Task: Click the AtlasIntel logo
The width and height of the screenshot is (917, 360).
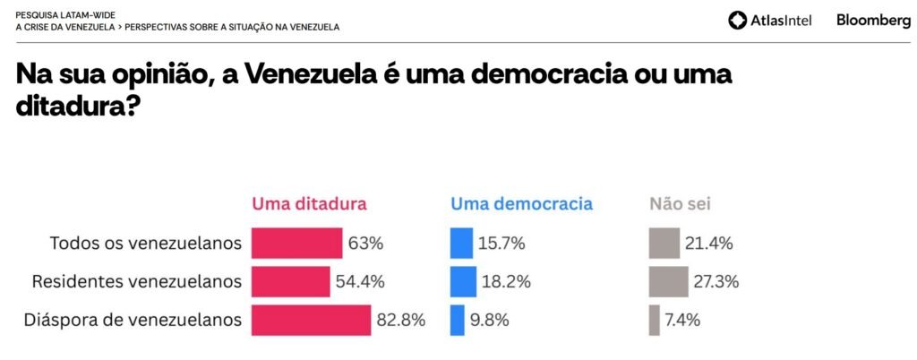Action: click(x=770, y=21)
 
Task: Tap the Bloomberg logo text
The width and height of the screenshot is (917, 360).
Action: click(x=873, y=20)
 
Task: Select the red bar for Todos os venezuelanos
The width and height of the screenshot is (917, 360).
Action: click(x=297, y=243)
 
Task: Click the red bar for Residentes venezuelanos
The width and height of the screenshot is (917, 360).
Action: click(x=291, y=281)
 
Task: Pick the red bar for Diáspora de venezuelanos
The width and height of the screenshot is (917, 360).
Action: click(x=311, y=320)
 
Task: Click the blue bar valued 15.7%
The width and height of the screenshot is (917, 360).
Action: click(x=461, y=243)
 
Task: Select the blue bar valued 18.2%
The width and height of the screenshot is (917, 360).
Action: click(x=463, y=281)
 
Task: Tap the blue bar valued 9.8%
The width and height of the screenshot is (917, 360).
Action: click(x=458, y=320)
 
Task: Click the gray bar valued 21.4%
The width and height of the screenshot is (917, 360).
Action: click(x=664, y=243)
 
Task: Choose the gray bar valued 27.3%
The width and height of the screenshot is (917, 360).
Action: click(x=669, y=281)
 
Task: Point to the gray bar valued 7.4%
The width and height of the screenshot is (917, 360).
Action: click(x=655, y=320)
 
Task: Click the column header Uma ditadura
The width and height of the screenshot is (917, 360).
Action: click(x=309, y=204)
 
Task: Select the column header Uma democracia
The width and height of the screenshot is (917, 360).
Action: click(x=521, y=204)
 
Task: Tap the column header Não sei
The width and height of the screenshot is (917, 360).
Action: click(x=680, y=204)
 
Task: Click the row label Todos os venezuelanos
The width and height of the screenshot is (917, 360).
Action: click(x=146, y=243)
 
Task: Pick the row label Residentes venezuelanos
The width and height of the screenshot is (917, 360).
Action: click(x=137, y=281)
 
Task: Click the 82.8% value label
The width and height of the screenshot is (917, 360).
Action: click(x=401, y=320)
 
